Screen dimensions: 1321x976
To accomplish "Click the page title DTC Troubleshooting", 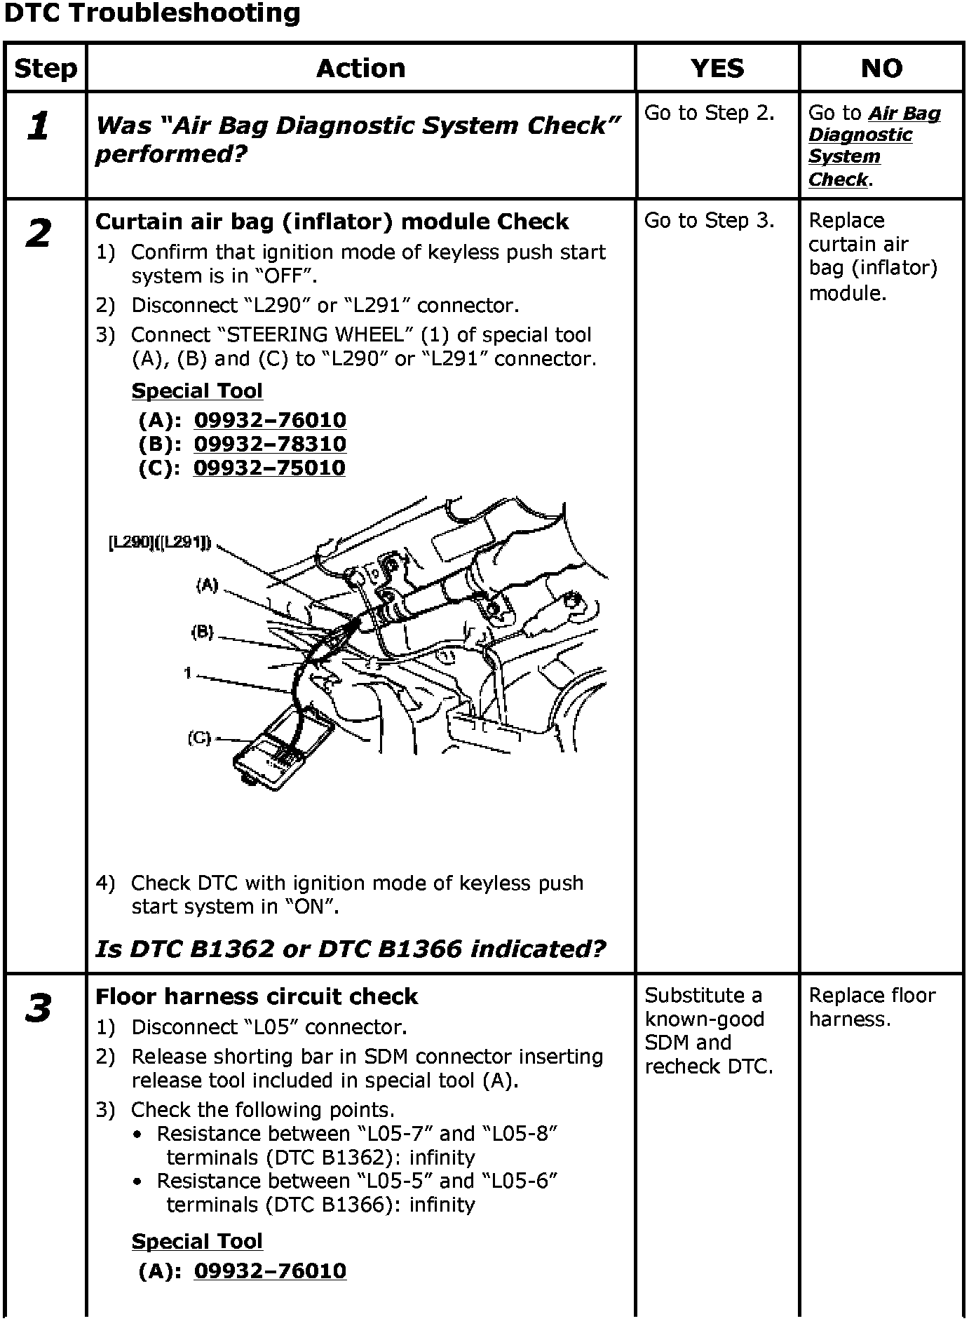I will [x=152, y=13].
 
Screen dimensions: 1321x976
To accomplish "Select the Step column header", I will [x=46, y=68].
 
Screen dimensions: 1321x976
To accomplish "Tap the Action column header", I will [x=360, y=68].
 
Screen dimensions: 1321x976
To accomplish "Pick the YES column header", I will [x=717, y=68].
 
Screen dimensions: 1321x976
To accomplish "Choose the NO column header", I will [x=881, y=68].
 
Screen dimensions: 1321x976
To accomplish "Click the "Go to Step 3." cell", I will [x=709, y=220].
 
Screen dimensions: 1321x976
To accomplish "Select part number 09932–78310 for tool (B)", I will [x=270, y=444].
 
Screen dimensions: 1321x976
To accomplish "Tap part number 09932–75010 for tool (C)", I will [x=270, y=468].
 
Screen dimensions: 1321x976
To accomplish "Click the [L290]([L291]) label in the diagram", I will [x=160, y=543].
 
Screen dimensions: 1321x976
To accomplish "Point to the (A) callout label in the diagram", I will [x=208, y=585].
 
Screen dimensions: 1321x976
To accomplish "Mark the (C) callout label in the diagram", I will [x=199, y=738].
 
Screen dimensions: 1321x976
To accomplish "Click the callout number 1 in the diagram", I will [x=188, y=673].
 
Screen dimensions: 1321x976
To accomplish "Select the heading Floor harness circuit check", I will [x=256, y=996].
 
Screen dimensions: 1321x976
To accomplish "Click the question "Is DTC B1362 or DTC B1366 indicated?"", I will [x=350, y=949].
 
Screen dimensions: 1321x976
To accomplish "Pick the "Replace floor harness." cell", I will [x=872, y=1007].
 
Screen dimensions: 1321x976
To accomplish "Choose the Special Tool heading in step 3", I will [x=197, y=1240].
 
